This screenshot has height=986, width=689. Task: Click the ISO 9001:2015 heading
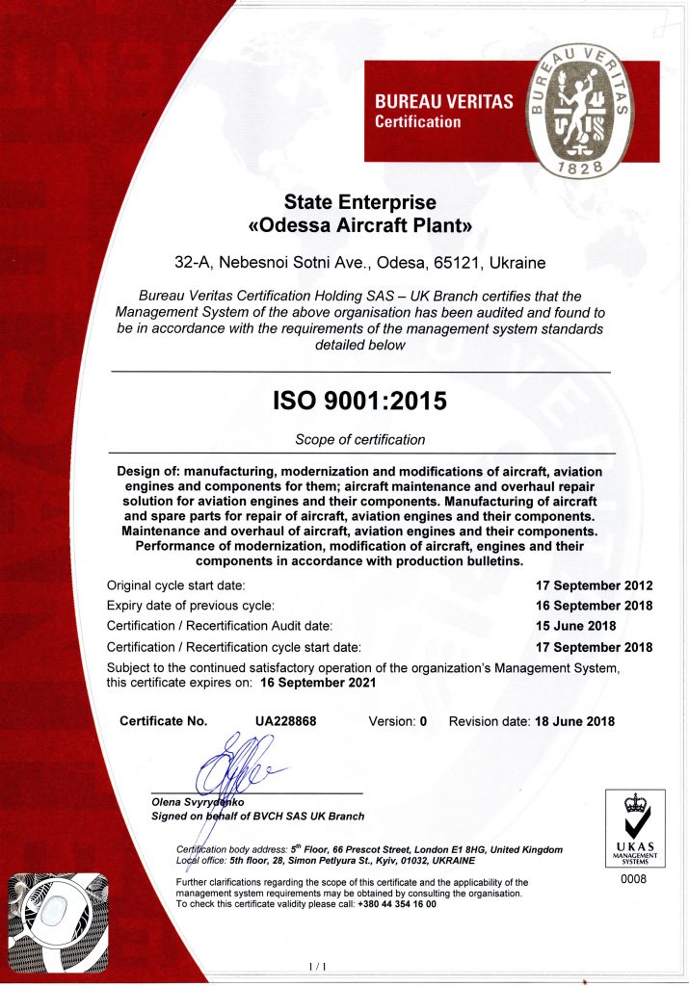point(359,401)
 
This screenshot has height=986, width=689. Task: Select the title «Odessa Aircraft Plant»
point(359,227)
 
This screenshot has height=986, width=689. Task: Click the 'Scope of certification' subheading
point(359,440)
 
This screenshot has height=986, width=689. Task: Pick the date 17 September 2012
point(594,585)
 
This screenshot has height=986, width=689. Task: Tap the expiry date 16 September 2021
point(318,683)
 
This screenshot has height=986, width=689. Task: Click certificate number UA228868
point(286,721)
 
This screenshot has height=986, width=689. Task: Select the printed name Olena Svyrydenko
point(199,801)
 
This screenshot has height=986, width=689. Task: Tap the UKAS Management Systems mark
point(633,827)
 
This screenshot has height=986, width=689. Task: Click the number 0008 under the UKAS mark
point(633,879)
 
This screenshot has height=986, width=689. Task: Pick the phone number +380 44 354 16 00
point(396,904)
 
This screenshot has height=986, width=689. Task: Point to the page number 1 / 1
point(318,966)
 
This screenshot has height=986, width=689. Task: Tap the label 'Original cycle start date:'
point(176,585)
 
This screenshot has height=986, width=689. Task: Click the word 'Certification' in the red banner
point(417,122)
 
